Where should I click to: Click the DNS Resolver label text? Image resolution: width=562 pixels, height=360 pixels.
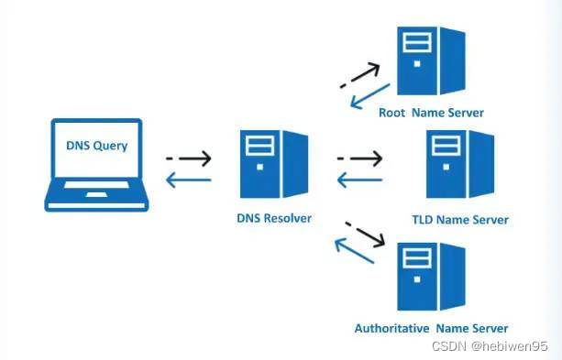pos(274,219)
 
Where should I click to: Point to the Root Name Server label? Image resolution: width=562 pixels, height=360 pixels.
pos(431,113)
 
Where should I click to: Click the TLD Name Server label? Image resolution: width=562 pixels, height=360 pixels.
pos(460,220)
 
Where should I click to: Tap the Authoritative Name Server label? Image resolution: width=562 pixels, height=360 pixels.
pos(431,327)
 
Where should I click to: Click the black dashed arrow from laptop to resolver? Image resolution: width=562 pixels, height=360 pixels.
pos(189,159)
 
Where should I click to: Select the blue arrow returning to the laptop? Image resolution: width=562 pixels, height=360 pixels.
pos(189,179)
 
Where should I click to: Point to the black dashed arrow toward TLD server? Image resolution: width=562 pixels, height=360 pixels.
pos(358,159)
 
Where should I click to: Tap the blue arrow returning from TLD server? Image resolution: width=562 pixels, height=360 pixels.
pos(358,180)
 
